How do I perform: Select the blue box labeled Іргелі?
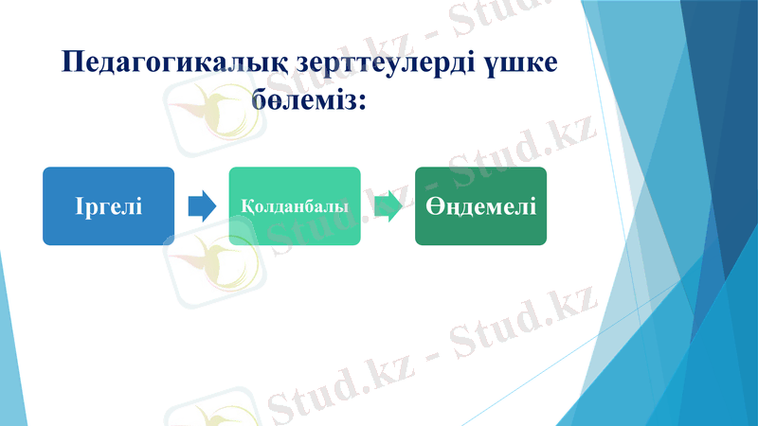(108, 205)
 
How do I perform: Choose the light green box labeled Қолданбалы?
(294, 205)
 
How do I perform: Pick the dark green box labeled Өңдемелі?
(480, 205)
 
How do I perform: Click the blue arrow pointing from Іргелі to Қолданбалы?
(201, 205)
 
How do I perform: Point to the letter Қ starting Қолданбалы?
(246, 205)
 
